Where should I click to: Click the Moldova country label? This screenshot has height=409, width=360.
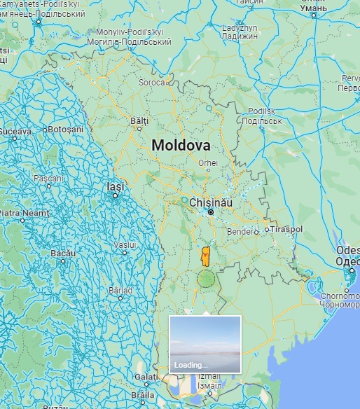(x=181, y=146)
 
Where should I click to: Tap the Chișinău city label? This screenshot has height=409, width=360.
(x=211, y=202)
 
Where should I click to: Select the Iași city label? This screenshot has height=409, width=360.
(x=115, y=187)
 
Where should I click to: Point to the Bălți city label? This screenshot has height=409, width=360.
(x=140, y=120)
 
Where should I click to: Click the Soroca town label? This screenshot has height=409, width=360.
(x=154, y=82)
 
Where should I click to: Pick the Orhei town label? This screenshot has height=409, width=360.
(x=208, y=162)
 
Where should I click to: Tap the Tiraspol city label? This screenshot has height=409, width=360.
(x=286, y=229)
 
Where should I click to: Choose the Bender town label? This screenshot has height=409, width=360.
(x=243, y=230)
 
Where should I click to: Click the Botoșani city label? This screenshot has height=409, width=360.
(x=67, y=130)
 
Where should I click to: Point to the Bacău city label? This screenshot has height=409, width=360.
(x=62, y=253)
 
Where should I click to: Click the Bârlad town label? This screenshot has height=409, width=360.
(x=120, y=290)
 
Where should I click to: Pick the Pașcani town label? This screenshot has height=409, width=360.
(x=49, y=179)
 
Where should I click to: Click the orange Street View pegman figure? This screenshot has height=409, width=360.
(x=205, y=256)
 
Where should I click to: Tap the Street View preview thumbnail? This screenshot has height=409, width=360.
(x=205, y=344)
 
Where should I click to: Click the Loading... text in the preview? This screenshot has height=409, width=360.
(x=191, y=365)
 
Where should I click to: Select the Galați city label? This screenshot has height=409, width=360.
(x=146, y=376)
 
